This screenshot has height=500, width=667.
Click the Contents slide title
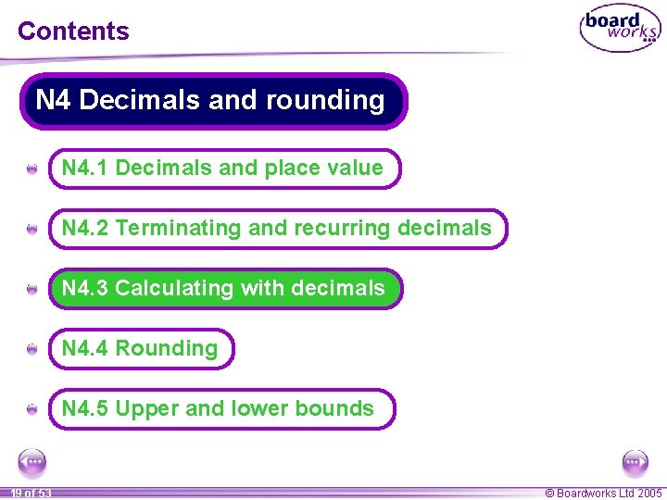(73, 31)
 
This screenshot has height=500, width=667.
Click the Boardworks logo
(620, 29)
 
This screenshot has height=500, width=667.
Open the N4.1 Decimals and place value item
(224, 169)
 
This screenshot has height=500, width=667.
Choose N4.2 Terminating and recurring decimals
(278, 229)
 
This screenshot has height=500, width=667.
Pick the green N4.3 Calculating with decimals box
(225, 289)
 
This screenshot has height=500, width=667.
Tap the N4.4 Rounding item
(142, 349)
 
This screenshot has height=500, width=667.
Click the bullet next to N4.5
(31, 409)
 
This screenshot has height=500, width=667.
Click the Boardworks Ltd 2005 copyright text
(603, 494)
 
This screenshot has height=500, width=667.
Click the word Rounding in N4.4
(167, 349)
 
